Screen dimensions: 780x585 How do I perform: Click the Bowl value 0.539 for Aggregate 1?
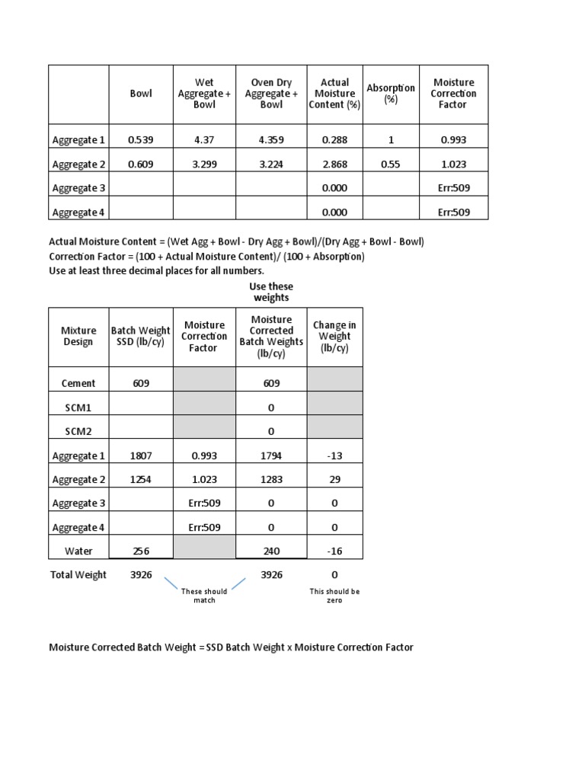pos(140,140)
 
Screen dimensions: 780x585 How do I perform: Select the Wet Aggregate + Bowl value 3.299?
pos(204,165)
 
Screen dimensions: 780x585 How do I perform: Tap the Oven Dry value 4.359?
pos(271,140)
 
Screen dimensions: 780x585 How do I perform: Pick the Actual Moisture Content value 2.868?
pos(334,165)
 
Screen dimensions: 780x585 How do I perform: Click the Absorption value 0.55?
pos(391,165)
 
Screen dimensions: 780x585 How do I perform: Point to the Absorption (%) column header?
pos(391,94)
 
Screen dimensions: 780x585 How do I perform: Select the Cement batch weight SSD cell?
pos(140,384)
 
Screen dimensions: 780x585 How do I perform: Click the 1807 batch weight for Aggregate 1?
pos(140,456)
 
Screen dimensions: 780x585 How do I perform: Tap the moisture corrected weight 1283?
pos(271,480)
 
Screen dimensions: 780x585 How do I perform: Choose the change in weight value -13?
pos(334,456)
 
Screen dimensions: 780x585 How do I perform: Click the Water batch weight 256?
pos(140,551)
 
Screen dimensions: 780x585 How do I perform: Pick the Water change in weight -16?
pos(334,551)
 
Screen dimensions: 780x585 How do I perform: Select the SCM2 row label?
pos(78,432)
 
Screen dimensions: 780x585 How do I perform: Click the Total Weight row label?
pos(78,575)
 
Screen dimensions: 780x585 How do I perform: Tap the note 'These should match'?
pos(204,596)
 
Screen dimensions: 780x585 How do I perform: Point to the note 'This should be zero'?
pos(334,596)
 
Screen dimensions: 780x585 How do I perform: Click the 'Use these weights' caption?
pos(271,292)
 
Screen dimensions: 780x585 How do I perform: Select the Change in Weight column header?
pos(334,337)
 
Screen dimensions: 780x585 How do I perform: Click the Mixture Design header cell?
pos(78,337)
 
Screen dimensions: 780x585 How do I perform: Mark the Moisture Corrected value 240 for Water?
pos(271,551)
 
